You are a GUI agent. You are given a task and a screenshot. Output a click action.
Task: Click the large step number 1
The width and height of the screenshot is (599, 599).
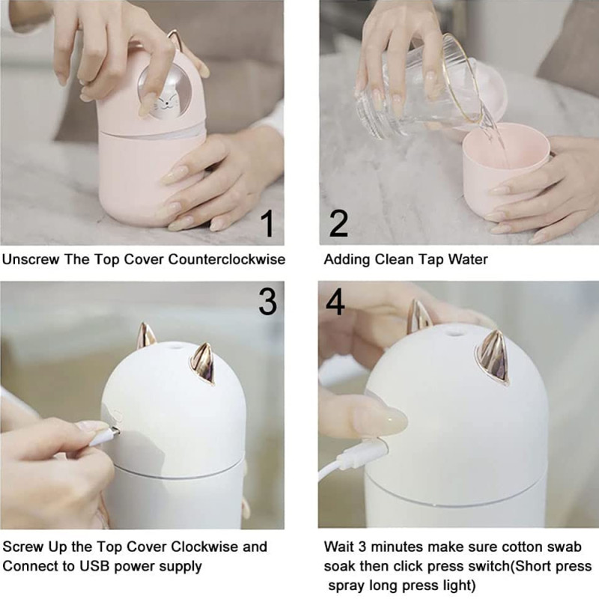point(268,224)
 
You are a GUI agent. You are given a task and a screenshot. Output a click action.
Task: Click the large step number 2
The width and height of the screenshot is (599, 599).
point(338,223)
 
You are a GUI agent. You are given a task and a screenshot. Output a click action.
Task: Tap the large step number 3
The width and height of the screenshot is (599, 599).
point(267,302)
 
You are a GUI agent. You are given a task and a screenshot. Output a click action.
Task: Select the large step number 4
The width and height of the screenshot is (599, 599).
point(335,302)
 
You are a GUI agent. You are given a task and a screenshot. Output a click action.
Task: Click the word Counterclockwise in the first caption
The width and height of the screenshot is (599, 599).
point(227,259)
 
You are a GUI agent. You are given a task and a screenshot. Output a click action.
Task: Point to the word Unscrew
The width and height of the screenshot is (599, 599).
point(31,259)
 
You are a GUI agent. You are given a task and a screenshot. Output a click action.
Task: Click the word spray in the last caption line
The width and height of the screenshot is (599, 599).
point(347,586)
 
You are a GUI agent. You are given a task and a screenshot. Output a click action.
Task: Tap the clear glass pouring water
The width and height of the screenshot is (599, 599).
point(419,86)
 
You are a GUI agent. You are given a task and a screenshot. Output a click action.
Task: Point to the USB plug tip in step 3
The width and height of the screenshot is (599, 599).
point(115,432)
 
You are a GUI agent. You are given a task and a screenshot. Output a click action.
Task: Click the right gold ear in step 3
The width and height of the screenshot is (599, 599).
point(202,363)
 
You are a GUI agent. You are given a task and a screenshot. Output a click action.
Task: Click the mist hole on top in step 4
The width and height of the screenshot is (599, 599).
point(454,333)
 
